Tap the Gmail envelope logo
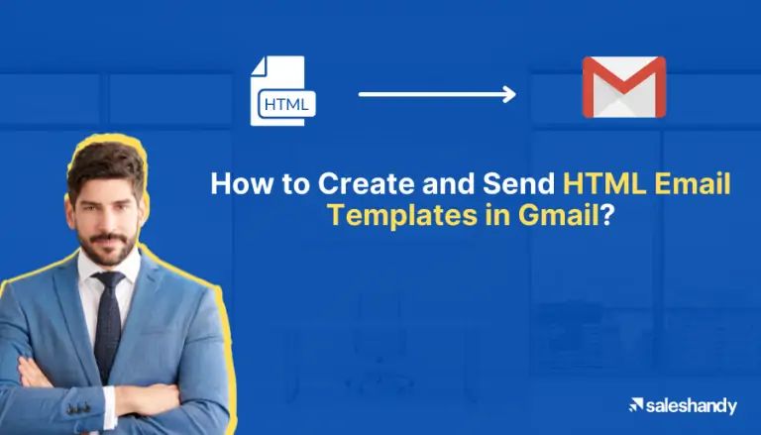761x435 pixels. [623, 87]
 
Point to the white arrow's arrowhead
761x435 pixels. [509, 94]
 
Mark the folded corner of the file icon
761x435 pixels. [261, 64]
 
